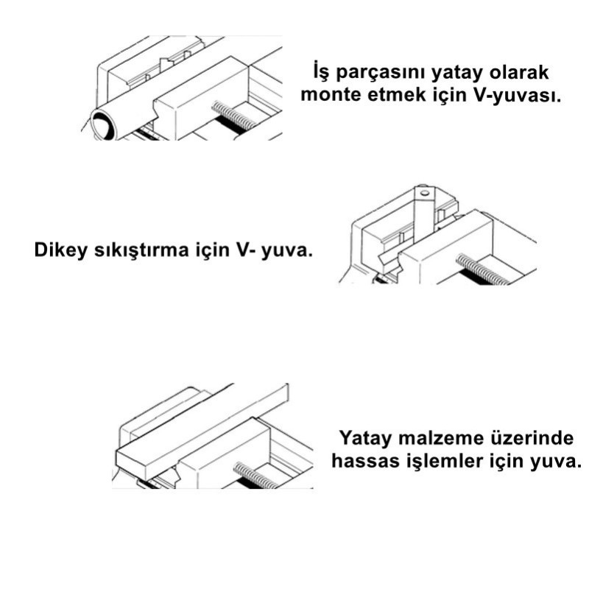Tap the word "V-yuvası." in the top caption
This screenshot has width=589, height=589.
coord(518,95)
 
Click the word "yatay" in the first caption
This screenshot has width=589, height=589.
coord(456,73)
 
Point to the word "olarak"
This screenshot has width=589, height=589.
coord(519,72)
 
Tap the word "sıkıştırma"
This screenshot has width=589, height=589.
coord(141,250)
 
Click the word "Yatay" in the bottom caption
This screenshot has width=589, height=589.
coord(364,438)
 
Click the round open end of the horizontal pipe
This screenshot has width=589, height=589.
coord(102,124)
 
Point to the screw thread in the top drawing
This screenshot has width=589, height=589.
coord(233,116)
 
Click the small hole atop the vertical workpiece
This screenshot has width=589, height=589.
coord(425,193)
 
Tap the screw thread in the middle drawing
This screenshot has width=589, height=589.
coord(482,269)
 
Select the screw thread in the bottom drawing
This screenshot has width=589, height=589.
coord(256,475)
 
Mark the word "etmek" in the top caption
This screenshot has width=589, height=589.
coord(396,95)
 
